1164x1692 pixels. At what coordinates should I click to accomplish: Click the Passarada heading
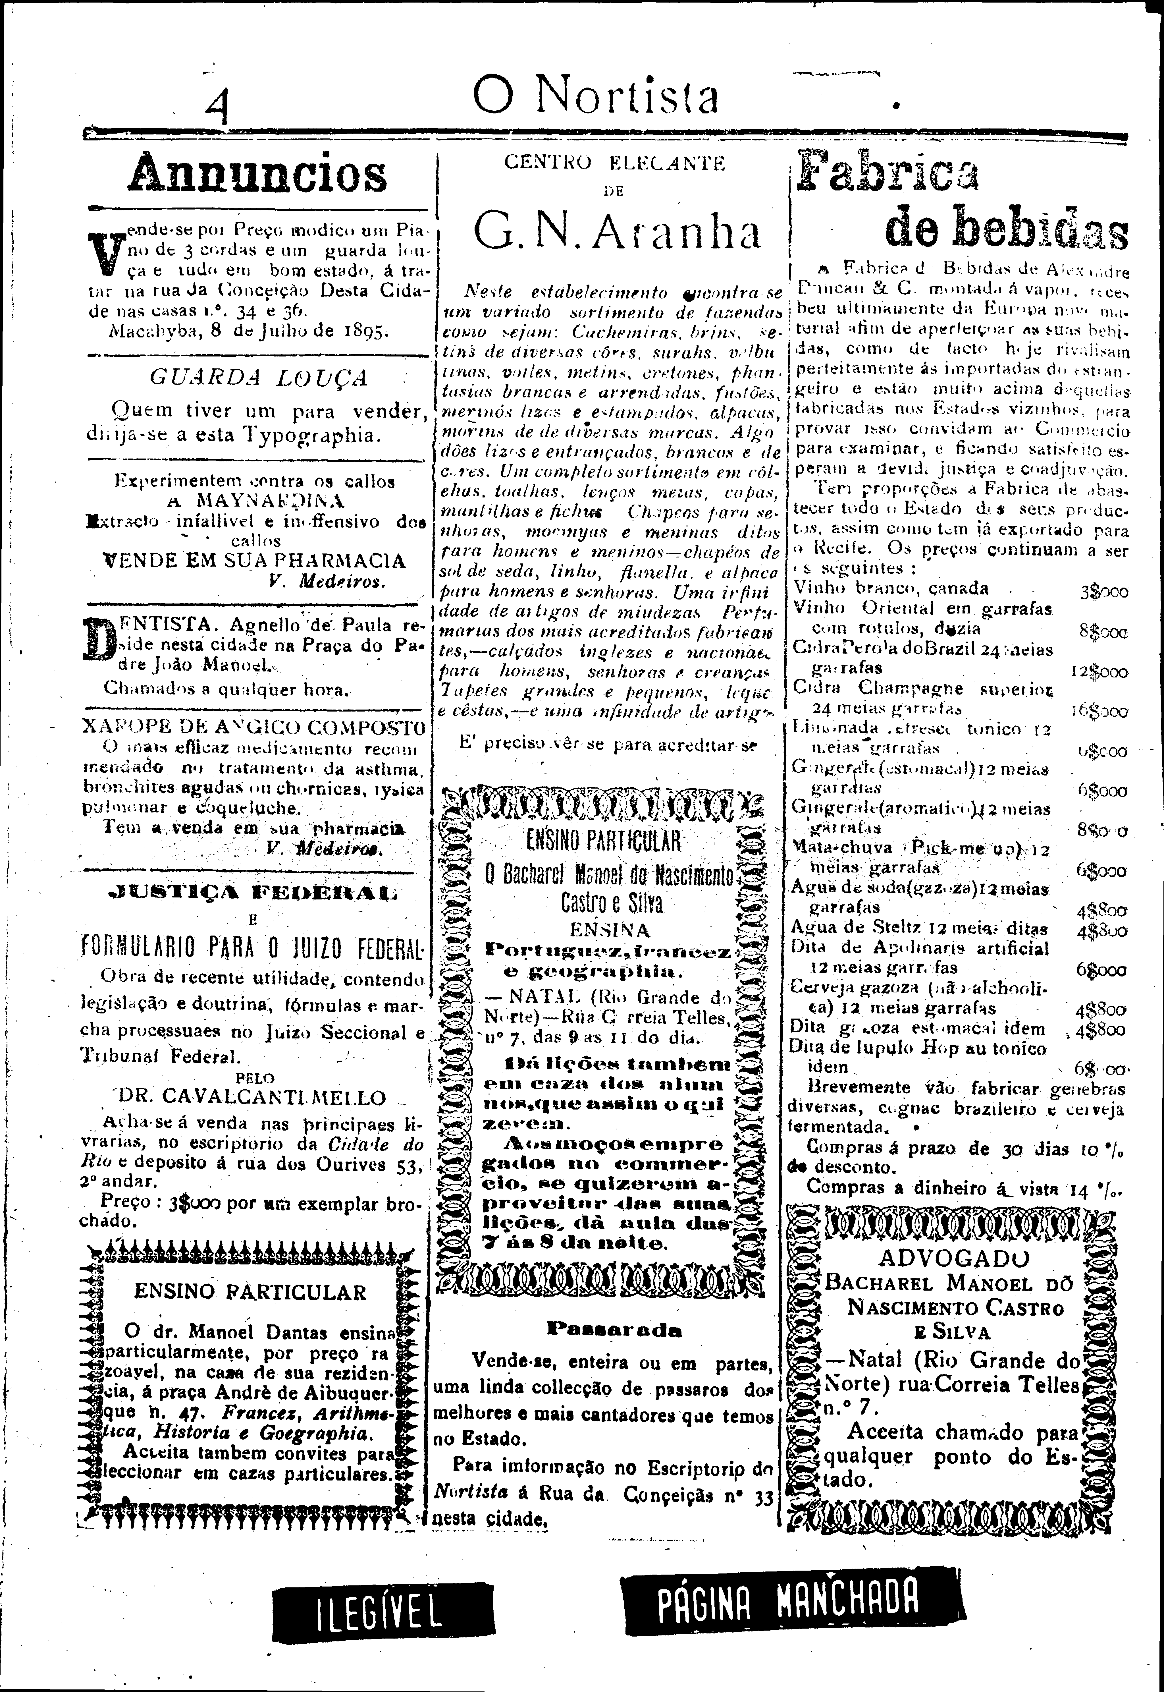tap(614, 1329)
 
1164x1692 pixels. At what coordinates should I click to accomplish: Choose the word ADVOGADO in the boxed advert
tap(954, 1258)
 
